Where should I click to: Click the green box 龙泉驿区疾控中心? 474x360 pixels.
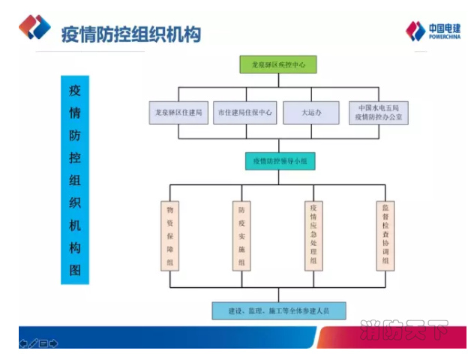point(278,64)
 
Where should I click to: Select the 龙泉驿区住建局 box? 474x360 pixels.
point(178,113)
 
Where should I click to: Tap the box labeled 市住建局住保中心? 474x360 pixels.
point(244,113)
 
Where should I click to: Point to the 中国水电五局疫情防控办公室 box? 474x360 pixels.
point(379,112)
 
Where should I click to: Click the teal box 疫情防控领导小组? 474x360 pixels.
point(278,160)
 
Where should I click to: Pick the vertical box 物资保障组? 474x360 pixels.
point(169,235)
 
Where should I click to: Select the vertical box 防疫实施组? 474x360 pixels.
point(241,235)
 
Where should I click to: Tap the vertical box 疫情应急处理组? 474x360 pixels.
point(314,235)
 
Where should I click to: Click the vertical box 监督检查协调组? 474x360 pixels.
point(385,235)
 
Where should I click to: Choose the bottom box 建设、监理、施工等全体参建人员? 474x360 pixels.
point(278,310)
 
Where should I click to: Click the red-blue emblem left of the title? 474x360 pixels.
point(35,28)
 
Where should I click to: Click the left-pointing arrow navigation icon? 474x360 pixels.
point(23,343)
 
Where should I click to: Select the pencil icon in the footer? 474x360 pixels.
point(33,343)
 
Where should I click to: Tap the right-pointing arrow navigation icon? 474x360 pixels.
point(54,343)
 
